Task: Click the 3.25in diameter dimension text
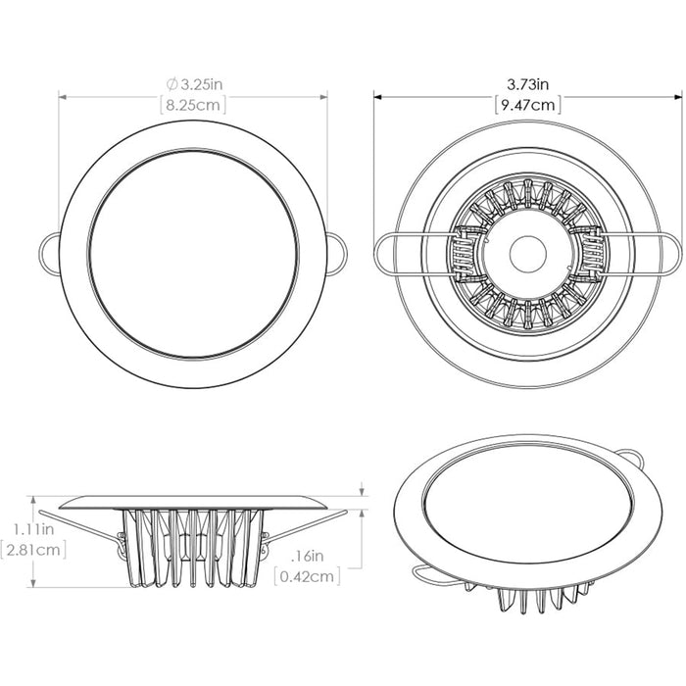(x=198, y=85)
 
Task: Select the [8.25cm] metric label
(x=192, y=104)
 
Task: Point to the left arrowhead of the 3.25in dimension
(x=63, y=96)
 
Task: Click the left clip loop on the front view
(x=49, y=250)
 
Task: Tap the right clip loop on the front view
(x=336, y=252)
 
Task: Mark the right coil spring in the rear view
(x=588, y=253)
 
